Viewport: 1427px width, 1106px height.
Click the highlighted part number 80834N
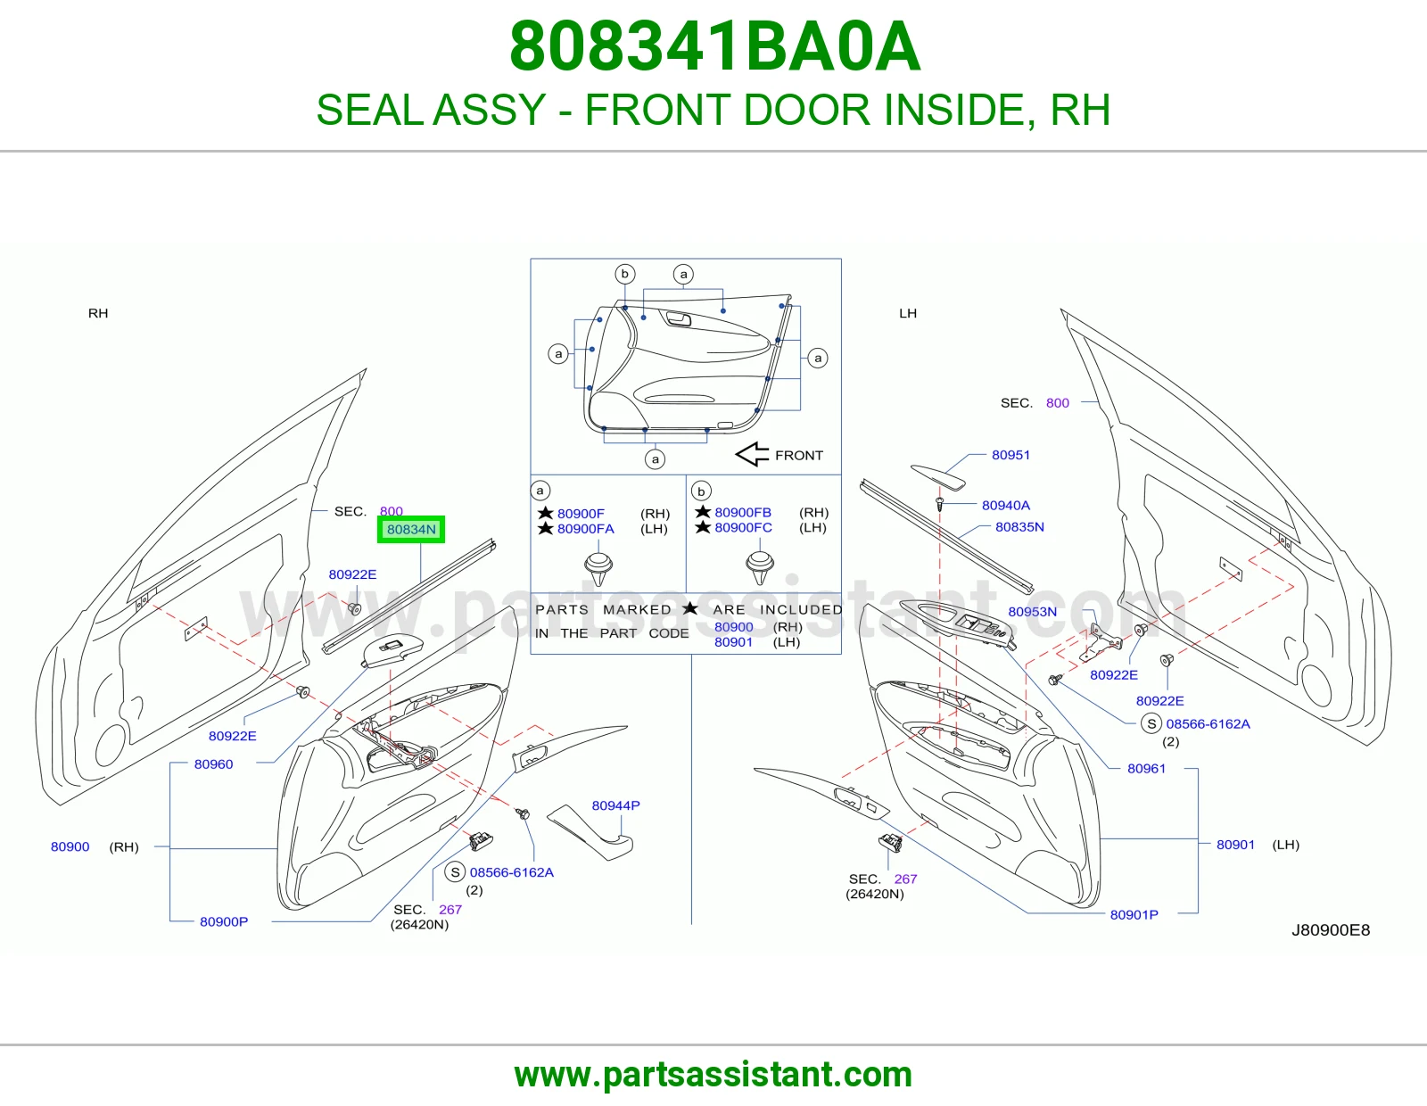click(411, 529)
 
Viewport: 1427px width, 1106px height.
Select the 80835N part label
click(1019, 527)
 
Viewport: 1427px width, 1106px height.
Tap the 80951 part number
click(1010, 455)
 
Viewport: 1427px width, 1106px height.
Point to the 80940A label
click(1005, 505)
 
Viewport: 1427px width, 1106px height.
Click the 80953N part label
click(1032, 612)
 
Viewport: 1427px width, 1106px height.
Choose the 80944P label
click(615, 805)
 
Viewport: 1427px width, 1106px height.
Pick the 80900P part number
click(224, 921)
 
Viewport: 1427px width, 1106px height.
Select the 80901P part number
click(1134, 914)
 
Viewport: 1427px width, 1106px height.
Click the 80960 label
click(213, 763)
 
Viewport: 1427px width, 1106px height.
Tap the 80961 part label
click(1147, 769)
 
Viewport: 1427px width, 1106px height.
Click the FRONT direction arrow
click(752, 454)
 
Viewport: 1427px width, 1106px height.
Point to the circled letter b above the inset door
click(624, 274)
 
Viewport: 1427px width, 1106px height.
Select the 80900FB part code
click(743, 512)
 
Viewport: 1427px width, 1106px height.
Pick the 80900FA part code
click(586, 529)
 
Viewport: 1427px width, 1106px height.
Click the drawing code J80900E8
click(1331, 930)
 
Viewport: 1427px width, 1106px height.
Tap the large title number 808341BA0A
click(714, 46)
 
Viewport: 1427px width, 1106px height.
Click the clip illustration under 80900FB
click(760, 567)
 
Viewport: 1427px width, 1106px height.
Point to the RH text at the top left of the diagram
click(98, 313)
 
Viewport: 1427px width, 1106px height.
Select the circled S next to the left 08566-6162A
click(455, 872)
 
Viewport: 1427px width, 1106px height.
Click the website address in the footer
click(713, 1075)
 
